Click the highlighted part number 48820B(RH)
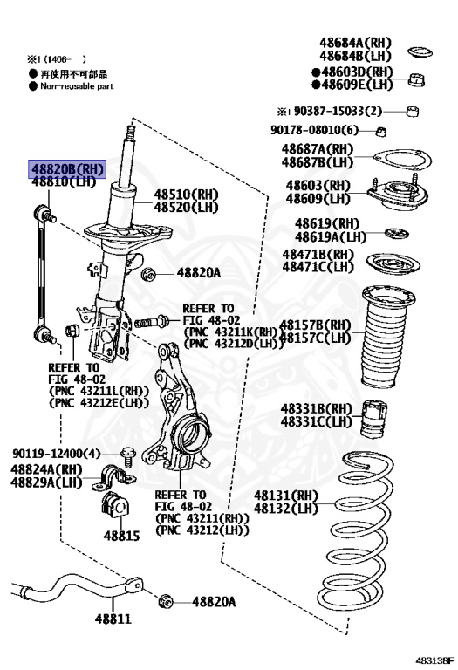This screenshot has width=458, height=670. coord(67,169)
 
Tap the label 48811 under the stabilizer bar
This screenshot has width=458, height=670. coord(113,619)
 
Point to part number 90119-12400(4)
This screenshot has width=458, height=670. coord(57,453)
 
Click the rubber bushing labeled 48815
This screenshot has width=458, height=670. coord(113,505)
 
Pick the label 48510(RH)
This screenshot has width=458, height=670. coord(187,195)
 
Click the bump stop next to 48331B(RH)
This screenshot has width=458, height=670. coord(374,419)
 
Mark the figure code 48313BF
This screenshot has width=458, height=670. coord(434,660)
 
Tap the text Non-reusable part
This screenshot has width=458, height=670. coord(77,86)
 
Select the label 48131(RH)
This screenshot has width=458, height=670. coord(286,496)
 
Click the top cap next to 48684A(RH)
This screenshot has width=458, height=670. coord(420,52)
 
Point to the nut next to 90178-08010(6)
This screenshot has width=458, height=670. coord(380,132)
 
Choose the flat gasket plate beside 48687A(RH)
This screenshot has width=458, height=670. coord(401,159)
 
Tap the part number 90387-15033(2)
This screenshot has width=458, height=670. coord(338,111)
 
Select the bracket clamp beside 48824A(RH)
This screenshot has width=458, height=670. coord(113,477)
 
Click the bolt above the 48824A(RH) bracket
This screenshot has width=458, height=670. coord(128,456)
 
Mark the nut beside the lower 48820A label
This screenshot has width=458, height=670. coord(166,601)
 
